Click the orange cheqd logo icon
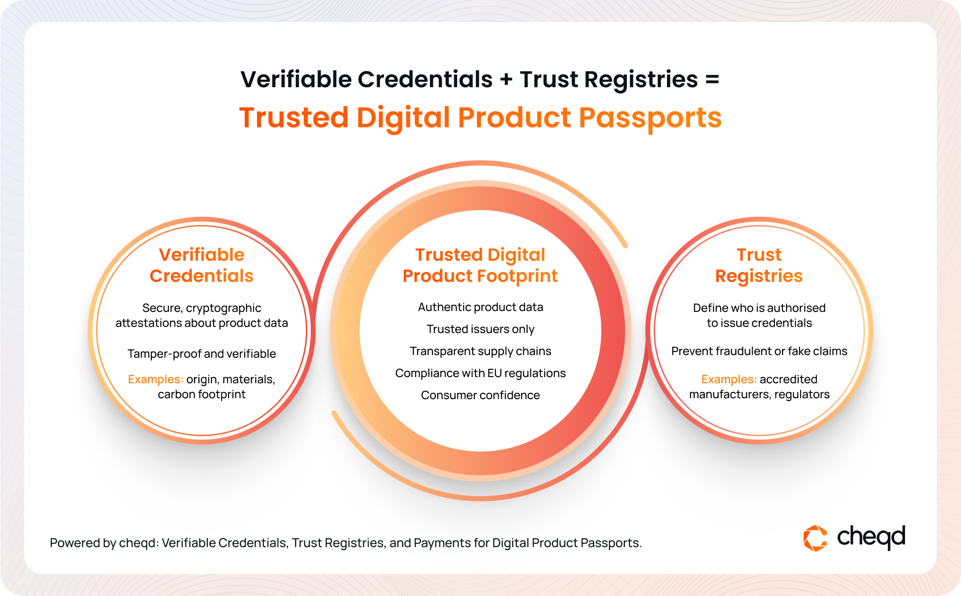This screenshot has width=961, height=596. click(x=816, y=538)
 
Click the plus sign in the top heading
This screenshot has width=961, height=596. click(x=507, y=80)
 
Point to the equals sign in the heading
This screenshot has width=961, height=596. click(x=712, y=80)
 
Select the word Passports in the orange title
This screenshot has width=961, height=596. click(x=650, y=118)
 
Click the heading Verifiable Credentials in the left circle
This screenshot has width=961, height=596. click(x=201, y=265)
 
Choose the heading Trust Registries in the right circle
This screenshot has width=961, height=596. click(x=759, y=265)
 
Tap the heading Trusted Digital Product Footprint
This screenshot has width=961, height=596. click(x=480, y=265)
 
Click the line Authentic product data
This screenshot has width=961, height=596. click(x=480, y=307)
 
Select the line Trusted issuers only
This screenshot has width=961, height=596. click(x=480, y=329)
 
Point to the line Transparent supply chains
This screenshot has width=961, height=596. click(x=480, y=351)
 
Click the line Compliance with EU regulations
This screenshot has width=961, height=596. click(x=480, y=373)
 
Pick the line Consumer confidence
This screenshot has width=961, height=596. click(x=480, y=395)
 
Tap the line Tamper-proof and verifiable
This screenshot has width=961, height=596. click(x=201, y=354)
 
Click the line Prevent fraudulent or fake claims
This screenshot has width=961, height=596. click(x=759, y=351)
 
